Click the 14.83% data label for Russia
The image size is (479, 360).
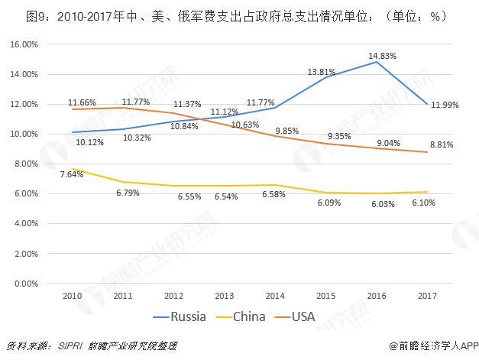382,56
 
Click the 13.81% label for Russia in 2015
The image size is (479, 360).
323,72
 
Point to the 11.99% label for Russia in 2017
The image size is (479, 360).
445,105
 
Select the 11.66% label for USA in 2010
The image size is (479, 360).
81,102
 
